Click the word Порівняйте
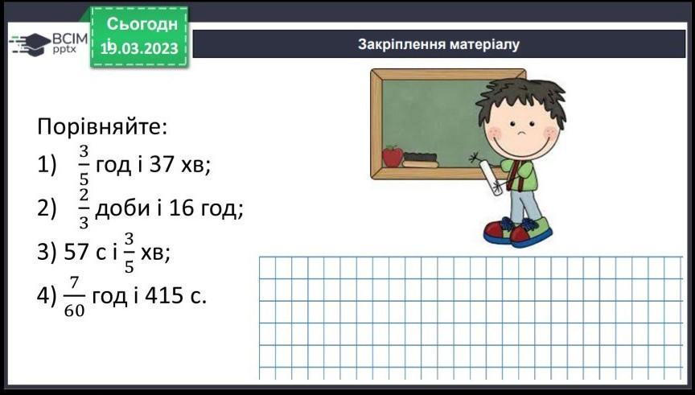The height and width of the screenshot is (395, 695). (102, 127)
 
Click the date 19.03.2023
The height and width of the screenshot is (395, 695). (139, 48)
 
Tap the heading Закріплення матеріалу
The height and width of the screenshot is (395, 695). (438, 44)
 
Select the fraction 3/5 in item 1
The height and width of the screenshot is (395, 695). (84, 164)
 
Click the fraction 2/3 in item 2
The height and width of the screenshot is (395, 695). (84, 208)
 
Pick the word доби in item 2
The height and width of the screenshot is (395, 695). (122, 208)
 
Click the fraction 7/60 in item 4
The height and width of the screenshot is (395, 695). (74, 297)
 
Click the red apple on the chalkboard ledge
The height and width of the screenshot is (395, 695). (393, 156)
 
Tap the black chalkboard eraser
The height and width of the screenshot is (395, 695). (420, 157)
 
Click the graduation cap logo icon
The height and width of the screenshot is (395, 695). (29, 44)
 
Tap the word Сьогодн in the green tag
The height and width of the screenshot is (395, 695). (142, 23)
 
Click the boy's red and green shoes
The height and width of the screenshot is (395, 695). (518, 231)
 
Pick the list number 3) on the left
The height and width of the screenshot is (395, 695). (47, 253)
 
